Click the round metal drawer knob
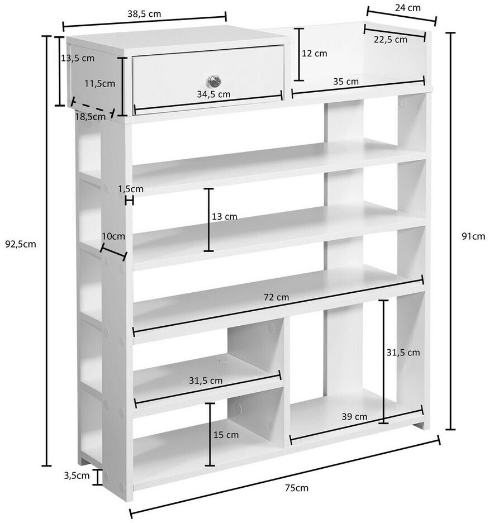click(x=214, y=80)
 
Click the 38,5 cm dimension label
click(x=144, y=14)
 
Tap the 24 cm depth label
click(x=407, y=8)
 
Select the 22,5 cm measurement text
click(x=390, y=40)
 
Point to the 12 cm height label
click(x=314, y=54)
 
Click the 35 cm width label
click(x=345, y=82)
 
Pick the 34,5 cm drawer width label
click(x=213, y=94)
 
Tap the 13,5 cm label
click(x=78, y=58)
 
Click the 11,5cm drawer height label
click(x=99, y=83)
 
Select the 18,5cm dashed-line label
click(x=91, y=117)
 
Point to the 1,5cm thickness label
click(x=131, y=189)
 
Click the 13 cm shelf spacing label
click(x=225, y=217)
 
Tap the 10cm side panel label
click(x=113, y=236)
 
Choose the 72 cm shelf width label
click(x=276, y=297)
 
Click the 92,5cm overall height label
click(x=21, y=244)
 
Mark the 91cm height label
click(x=473, y=236)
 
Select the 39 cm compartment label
click(x=354, y=417)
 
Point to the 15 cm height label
click(x=226, y=435)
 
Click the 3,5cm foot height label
click(x=77, y=476)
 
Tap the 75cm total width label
click(x=297, y=488)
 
